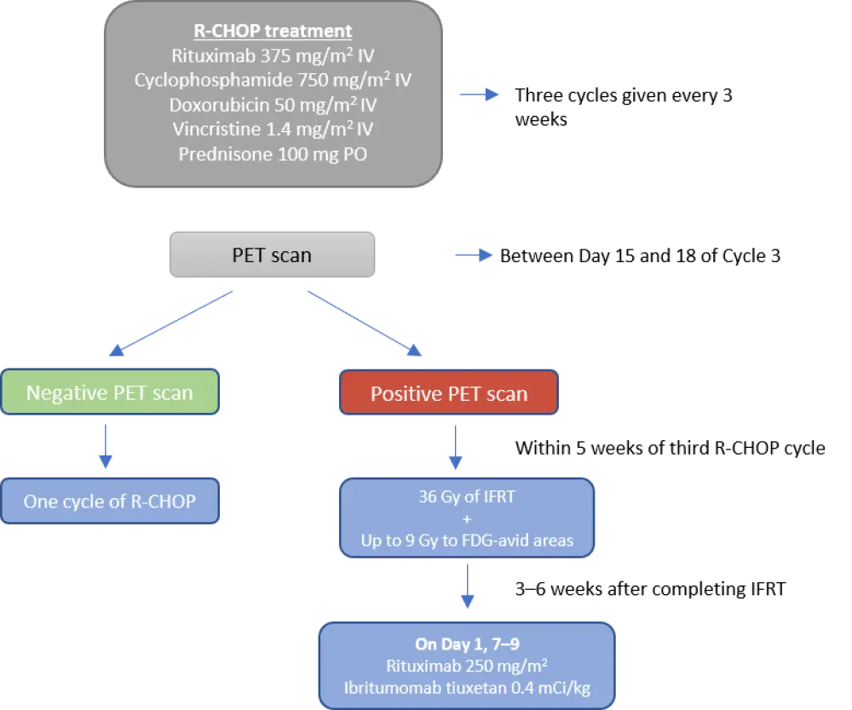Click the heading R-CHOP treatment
272,31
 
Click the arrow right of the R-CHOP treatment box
481,94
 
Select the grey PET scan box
272,255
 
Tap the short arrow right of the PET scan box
473,255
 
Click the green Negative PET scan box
110,393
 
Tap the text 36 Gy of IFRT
466,497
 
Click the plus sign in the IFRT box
466,518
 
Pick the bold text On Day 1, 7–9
466,644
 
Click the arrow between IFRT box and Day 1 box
466,587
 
